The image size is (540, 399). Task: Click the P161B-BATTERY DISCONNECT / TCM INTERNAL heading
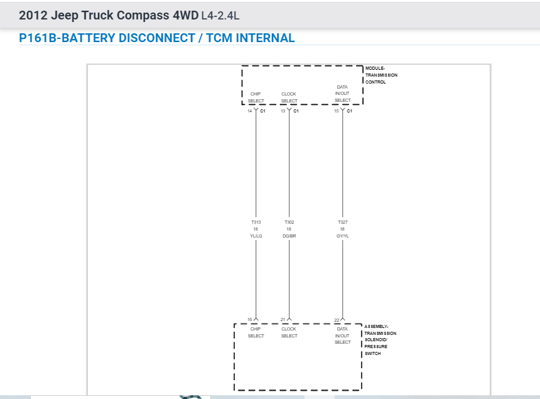click(x=157, y=38)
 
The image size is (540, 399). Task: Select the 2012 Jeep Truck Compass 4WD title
click(x=108, y=14)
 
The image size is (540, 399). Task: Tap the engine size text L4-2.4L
click(x=220, y=15)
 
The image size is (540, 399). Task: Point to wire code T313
click(x=256, y=222)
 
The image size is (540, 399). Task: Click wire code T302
click(x=289, y=222)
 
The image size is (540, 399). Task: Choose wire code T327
click(x=342, y=222)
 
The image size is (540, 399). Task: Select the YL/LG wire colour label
click(x=256, y=236)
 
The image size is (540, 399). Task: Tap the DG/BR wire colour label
click(x=289, y=236)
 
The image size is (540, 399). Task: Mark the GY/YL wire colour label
click(x=342, y=236)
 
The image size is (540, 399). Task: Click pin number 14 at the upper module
click(x=249, y=111)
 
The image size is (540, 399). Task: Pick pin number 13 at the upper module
click(x=283, y=111)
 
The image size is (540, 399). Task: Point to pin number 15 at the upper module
click(x=336, y=111)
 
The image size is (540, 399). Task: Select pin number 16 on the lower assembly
click(x=249, y=320)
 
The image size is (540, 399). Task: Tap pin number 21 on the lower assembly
click(x=283, y=320)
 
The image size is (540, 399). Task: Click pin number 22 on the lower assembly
click(x=337, y=320)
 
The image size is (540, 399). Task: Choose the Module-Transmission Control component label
click(x=381, y=75)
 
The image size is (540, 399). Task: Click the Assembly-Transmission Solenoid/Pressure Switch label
click(x=381, y=340)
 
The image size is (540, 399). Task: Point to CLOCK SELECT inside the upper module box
click(x=289, y=97)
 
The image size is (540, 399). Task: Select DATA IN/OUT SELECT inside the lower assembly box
click(x=342, y=336)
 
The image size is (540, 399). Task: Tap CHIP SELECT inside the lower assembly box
click(x=256, y=332)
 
